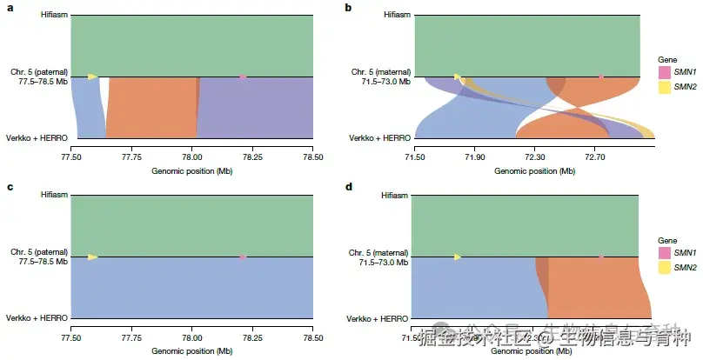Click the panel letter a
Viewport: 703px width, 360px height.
[x=9, y=8]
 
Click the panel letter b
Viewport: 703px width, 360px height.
[x=349, y=8]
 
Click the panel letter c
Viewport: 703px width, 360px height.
[x=9, y=187]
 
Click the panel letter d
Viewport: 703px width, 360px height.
[x=349, y=187]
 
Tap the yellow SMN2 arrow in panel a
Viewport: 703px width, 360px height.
[x=92, y=77]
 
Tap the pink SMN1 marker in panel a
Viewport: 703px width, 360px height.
[x=243, y=77]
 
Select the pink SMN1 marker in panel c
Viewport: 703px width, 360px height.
[x=243, y=257]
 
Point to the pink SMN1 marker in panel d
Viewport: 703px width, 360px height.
[x=601, y=257]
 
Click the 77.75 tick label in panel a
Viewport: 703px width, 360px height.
[x=131, y=157]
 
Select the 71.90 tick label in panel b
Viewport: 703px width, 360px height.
[x=475, y=157]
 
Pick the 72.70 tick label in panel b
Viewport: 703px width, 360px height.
[x=595, y=157]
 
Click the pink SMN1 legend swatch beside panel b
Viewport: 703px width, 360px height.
[x=665, y=71]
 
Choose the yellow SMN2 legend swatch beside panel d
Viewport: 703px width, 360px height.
[x=665, y=267]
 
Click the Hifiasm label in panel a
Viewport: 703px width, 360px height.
[x=54, y=16]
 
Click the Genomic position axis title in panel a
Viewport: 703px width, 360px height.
[x=191, y=171]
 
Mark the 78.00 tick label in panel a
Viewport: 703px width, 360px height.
[x=191, y=157]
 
